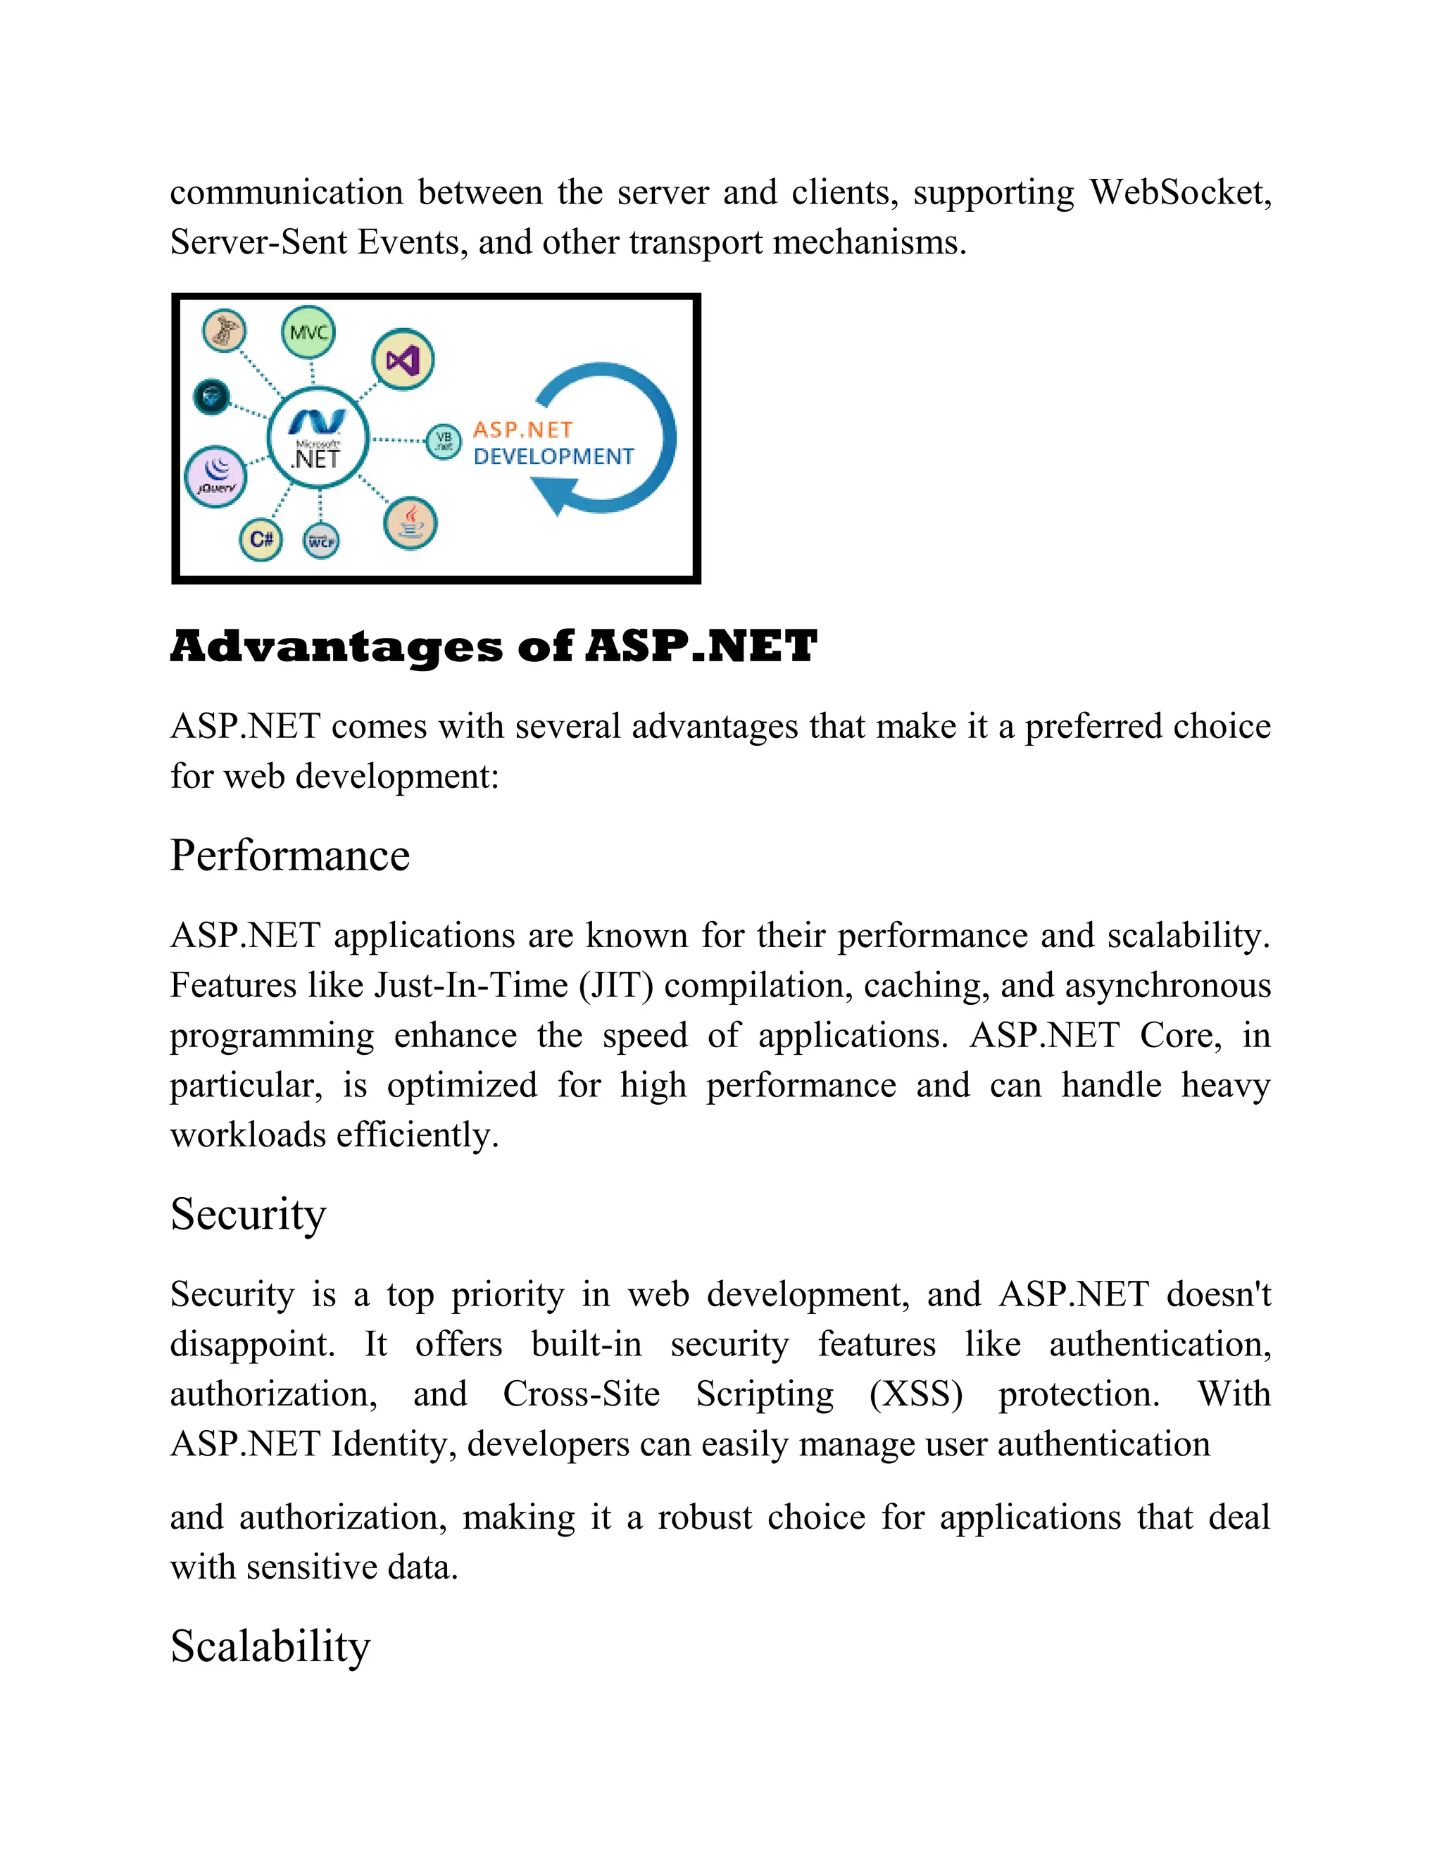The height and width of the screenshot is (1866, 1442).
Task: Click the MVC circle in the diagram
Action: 308,333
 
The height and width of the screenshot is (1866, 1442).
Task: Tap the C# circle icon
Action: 261,539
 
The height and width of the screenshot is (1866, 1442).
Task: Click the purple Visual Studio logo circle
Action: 402,360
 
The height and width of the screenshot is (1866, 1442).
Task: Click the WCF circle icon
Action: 321,541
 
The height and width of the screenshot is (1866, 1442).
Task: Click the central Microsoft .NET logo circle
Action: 318,438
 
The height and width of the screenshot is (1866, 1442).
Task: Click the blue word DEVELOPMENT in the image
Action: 553,456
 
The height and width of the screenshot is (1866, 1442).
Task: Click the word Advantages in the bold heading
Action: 337,648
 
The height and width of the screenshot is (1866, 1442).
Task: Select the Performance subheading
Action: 289,856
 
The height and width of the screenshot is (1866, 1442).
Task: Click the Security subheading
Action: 248,1214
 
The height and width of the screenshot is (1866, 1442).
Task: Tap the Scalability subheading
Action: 270,1646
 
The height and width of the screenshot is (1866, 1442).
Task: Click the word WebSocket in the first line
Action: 1180,192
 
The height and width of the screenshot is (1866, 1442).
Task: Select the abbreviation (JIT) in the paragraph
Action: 616,986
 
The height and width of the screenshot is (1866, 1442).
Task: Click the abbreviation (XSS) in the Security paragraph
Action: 916,1394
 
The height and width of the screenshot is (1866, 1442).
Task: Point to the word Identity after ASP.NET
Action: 393,1444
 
